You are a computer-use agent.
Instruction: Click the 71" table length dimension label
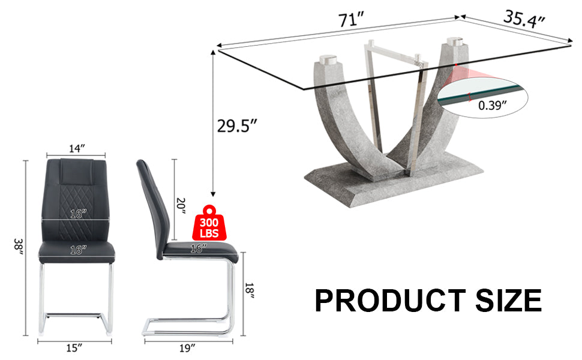tap(352, 20)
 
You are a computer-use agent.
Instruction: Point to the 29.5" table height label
tap(238, 126)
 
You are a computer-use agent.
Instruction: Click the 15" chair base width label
tap(74, 347)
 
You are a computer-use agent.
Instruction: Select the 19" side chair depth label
tap(188, 347)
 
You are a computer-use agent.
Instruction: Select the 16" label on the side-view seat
tap(198, 248)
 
